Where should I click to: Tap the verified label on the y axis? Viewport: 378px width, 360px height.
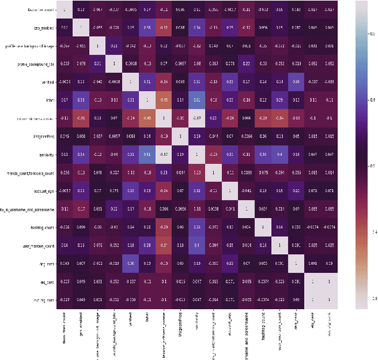(48, 83)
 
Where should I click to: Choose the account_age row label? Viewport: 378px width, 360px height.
(43, 192)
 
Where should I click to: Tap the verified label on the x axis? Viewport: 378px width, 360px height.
(131, 323)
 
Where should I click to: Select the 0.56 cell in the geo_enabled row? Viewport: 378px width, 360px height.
(147, 28)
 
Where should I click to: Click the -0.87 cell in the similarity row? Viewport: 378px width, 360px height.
(164, 155)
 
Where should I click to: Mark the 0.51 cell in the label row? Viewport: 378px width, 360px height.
(197, 100)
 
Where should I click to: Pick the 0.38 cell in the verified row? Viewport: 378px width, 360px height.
(296, 82)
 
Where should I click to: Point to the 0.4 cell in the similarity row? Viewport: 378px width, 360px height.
(279, 155)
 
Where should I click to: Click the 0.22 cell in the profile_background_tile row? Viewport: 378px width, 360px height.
(246, 64)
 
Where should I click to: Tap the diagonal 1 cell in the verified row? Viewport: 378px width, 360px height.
(131, 82)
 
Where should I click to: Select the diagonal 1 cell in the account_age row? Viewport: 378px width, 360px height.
(230, 192)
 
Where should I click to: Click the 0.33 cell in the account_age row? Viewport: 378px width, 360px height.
(131, 192)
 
